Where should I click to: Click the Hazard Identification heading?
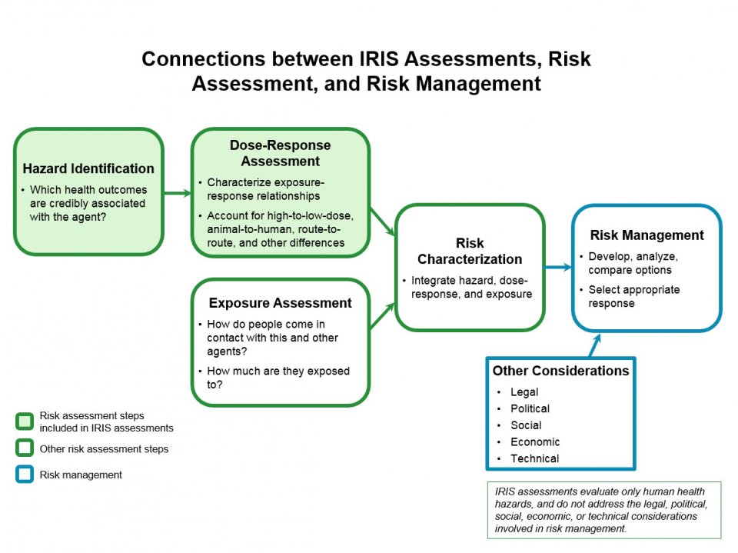pyautogui.click(x=88, y=168)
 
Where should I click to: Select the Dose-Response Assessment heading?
pyautogui.click(x=280, y=153)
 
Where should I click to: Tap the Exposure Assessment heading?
pyautogui.click(x=280, y=303)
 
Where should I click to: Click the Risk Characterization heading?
pyautogui.click(x=469, y=252)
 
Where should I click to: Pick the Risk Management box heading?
pyautogui.click(x=647, y=235)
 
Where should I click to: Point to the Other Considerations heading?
pyautogui.click(x=560, y=371)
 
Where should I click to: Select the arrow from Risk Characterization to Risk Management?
pyautogui.click(x=558, y=268)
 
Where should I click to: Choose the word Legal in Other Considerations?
pyautogui.click(x=524, y=392)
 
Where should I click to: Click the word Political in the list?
pyautogui.click(x=530, y=408)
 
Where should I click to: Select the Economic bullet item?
pyautogui.click(x=535, y=442)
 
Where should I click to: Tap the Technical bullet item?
pyautogui.click(x=534, y=458)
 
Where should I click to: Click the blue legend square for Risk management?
pyautogui.click(x=25, y=475)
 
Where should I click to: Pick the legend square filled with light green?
pyautogui.click(x=25, y=421)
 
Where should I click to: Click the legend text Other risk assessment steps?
pyautogui.click(x=104, y=448)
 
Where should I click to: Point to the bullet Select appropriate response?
pyautogui.click(x=633, y=296)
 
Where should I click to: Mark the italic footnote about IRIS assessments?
pyautogui.click(x=603, y=509)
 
